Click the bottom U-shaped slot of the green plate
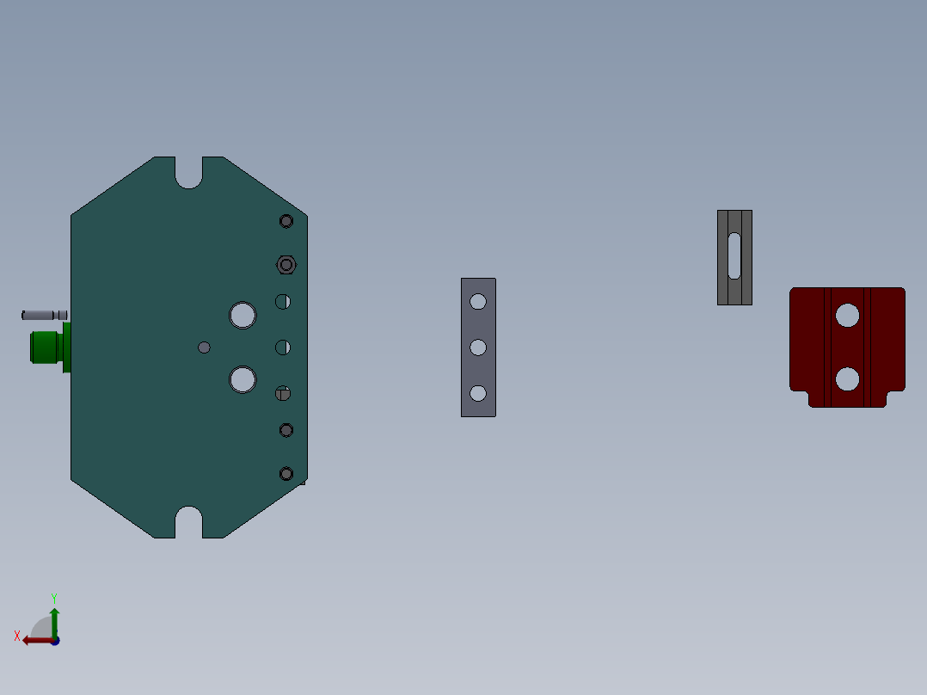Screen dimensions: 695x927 (x=189, y=522)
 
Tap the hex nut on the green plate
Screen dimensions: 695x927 (x=286, y=265)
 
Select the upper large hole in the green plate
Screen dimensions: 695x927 (x=242, y=315)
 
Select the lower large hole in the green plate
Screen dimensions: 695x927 (x=242, y=378)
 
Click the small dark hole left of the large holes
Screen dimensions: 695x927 (x=204, y=347)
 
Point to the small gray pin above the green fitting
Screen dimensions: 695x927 (x=43, y=315)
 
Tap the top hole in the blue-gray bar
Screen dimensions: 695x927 (x=478, y=302)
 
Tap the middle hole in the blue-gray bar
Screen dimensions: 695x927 (x=478, y=347)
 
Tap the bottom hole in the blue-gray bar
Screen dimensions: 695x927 (x=478, y=393)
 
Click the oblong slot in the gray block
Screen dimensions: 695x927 (x=734, y=255)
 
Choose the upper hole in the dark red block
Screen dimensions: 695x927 (x=847, y=316)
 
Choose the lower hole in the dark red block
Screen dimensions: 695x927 (x=847, y=378)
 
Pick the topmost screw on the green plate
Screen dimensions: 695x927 (x=286, y=221)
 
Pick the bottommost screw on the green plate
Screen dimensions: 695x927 (x=286, y=474)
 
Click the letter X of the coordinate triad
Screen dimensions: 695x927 (x=17, y=637)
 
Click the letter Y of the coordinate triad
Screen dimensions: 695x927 (x=53, y=597)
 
